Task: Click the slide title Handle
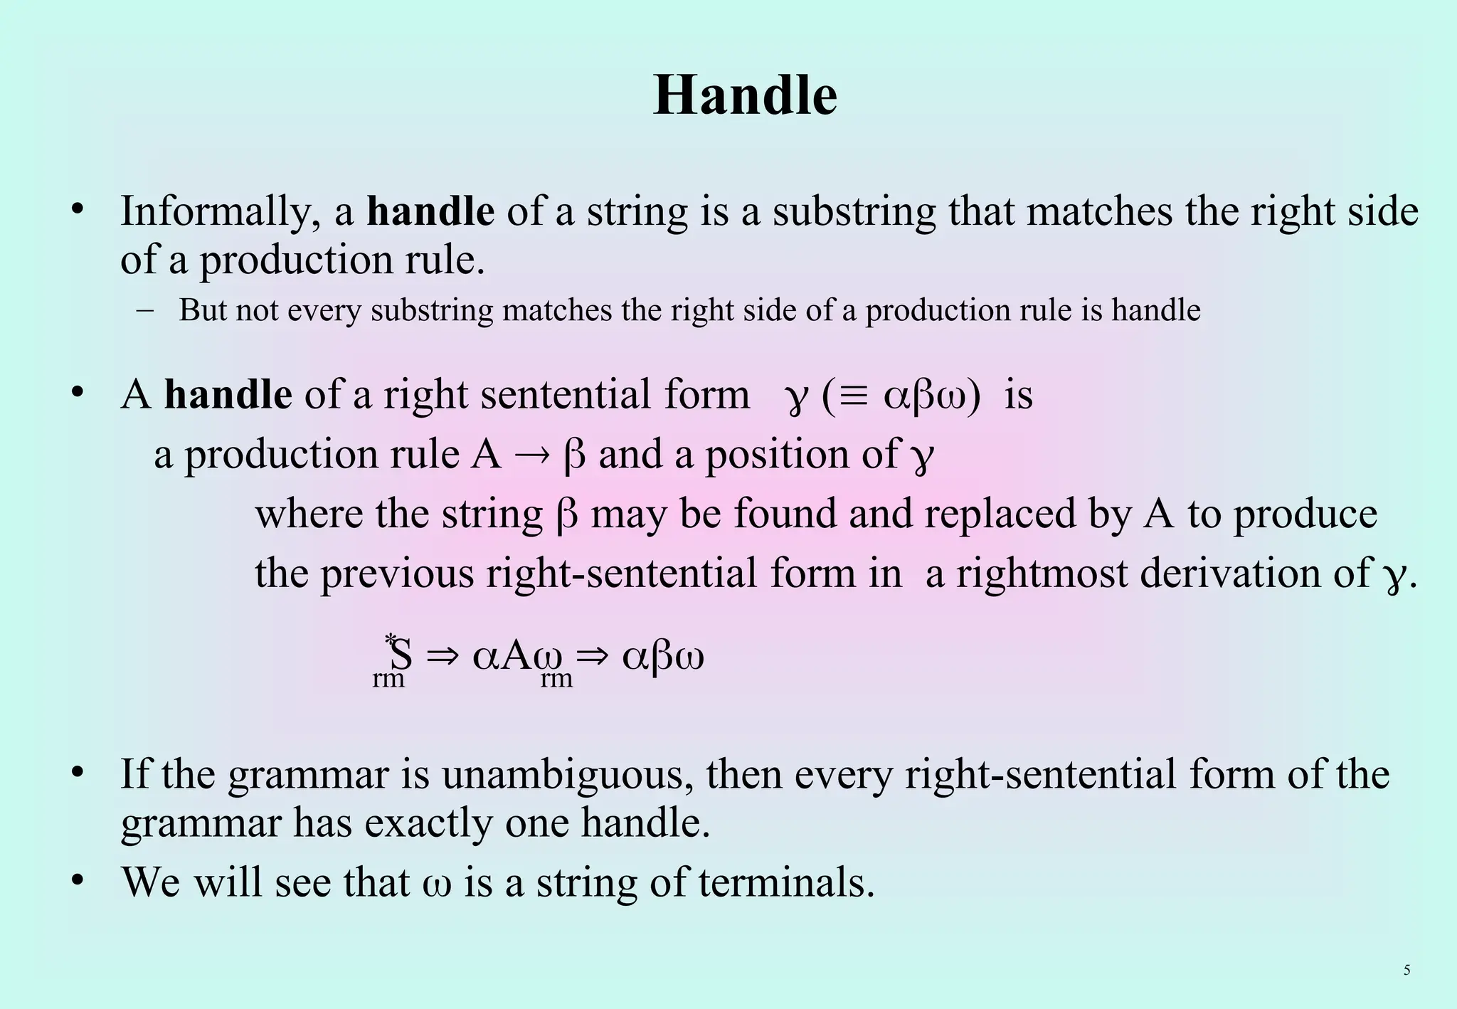point(745,95)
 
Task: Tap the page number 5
point(1406,970)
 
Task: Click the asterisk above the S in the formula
point(390,639)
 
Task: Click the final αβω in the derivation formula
point(663,656)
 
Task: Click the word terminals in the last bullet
point(786,883)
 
